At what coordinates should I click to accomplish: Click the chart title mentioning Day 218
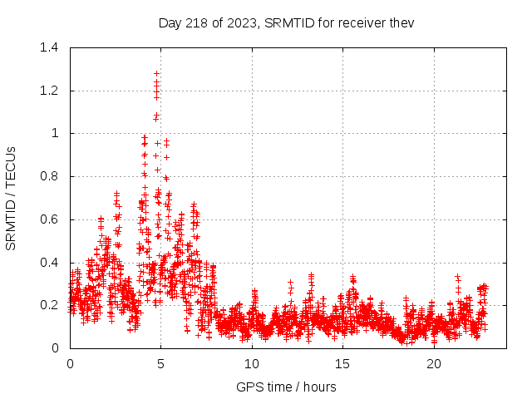[x=286, y=22]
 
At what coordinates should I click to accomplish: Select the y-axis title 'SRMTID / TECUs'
[x=12, y=198]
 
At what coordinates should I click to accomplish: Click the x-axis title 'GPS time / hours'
[x=286, y=387]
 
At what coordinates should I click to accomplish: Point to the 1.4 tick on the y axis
[x=51, y=47]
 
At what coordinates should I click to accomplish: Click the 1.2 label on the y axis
[x=51, y=91]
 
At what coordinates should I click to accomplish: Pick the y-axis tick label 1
[x=57, y=133]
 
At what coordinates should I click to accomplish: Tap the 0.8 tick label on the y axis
[x=51, y=176]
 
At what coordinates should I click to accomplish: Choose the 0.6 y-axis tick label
[x=51, y=219]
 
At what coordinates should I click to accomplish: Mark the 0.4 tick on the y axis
[x=51, y=263]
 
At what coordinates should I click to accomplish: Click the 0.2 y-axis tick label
[x=51, y=305]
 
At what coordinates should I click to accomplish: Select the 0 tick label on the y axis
[x=57, y=348]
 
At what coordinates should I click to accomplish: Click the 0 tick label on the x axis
[x=70, y=364]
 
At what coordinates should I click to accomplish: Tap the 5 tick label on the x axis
[x=161, y=364]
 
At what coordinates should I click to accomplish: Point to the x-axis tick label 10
[x=252, y=364]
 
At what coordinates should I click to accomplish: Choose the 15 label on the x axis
[x=343, y=364]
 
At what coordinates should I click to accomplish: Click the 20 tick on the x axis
[x=434, y=364]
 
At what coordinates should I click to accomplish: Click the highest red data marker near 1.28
[x=156, y=74]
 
